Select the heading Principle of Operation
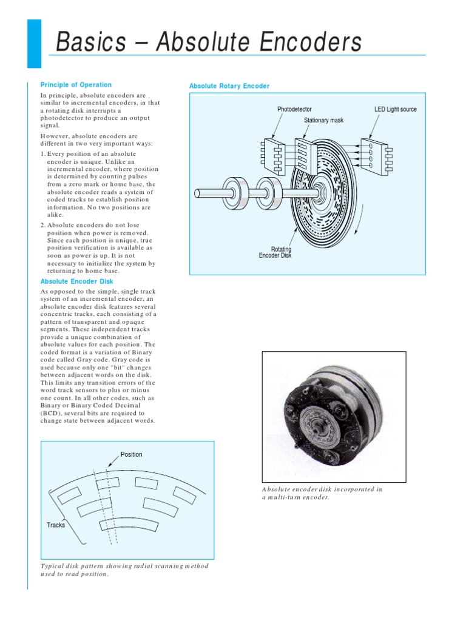click(76, 85)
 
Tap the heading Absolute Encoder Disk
click(76, 281)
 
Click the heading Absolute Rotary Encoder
click(229, 86)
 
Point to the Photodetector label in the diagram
click(294, 109)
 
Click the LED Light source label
click(396, 109)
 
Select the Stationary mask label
click(323, 120)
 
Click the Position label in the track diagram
click(131, 454)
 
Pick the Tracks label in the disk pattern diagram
click(56, 525)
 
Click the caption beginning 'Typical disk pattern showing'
click(124, 570)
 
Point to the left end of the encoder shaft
click(198, 193)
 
